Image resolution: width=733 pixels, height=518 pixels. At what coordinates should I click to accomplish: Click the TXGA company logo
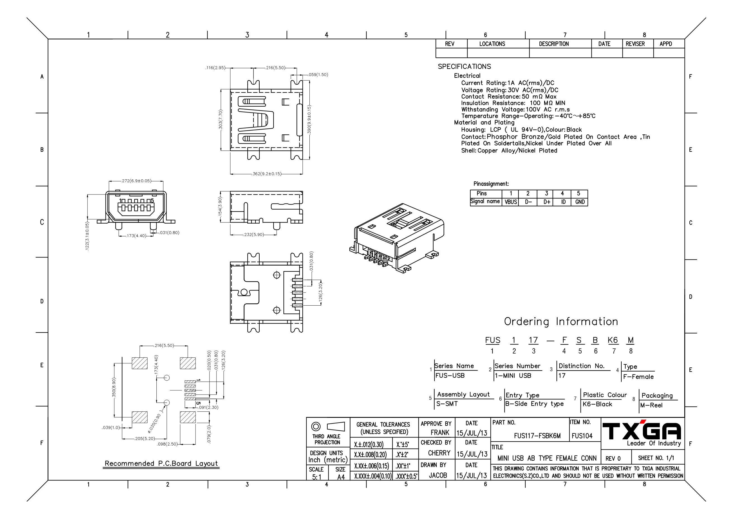pyautogui.click(x=642, y=430)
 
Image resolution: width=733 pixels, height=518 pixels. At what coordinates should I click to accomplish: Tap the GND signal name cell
pyautogui.click(x=579, y=202)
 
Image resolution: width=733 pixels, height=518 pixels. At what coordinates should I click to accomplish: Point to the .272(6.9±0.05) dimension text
pyautogui.click(x=136, y=181)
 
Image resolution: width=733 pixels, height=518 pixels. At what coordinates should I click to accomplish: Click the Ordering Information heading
pyautogui.click(x=561, y=322)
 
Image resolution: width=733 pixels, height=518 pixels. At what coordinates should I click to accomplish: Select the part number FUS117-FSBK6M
pyautogui.click(x=537, y=436)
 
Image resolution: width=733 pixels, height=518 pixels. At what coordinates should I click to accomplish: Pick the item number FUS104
pyautogui.click(x=582, y=436)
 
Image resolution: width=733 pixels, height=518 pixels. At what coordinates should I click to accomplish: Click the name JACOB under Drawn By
pyautogui.click(x=438, y=475)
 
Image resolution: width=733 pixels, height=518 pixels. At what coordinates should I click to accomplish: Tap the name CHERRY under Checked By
pyautogui.click(x=439, y=453)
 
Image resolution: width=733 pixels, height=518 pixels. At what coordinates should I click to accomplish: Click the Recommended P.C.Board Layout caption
pyautogui.click(x=161, y=463)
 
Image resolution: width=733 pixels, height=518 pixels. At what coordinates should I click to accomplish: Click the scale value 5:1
pyautogui.click(x=316, y=477)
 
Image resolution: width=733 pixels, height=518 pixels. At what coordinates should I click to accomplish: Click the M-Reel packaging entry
pyautogui.click(x=651, y=405)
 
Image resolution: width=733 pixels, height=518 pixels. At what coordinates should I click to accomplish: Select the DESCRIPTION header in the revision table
pyautogui.click(x=554, y=44)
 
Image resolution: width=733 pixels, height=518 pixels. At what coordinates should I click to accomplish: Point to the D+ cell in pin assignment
pyautogui.click(x=547, y=202)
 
